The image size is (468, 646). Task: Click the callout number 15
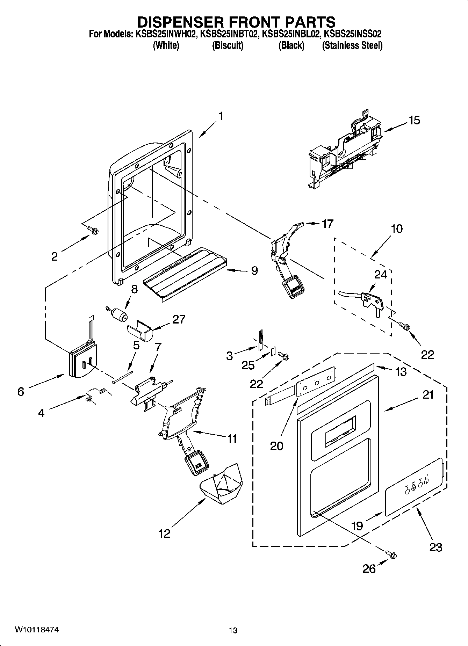click(x=414, y=120)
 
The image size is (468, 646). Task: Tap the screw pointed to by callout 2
click(x=93, y=230)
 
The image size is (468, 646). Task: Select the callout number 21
click(x=428, y=395)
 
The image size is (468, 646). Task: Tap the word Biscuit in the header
click(x=228, y=45)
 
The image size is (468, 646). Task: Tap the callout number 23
click(x=435, y=547)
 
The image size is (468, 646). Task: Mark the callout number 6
click(x=21, y=392)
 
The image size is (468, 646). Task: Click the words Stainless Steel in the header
click(x=352, y=45)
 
